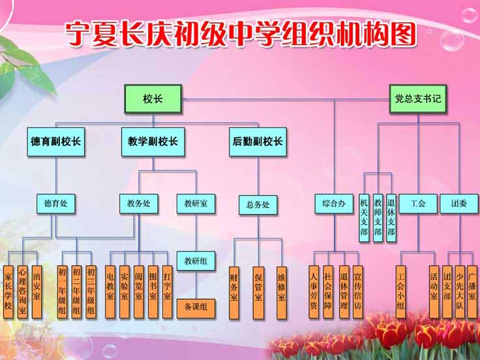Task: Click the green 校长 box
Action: [153, 99]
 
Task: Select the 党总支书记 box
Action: [418, 99]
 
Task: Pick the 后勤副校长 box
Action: [257, 141]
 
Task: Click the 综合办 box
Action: [334, 203]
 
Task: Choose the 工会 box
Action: [419, 203]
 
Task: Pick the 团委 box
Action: [459, 203]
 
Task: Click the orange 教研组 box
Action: [196, 261]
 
